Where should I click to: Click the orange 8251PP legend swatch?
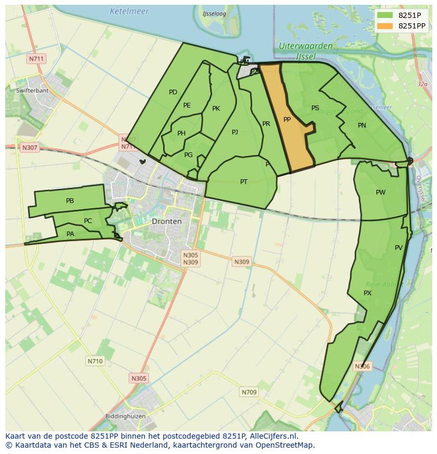[x=385, y=25]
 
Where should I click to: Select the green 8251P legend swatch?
[x=385, y=15]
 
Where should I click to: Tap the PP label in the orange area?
[x=287, y=120]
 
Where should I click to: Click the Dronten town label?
[x=166, y=221]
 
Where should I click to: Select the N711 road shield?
[x=36, y=59]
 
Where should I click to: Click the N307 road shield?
[x=30, y=148]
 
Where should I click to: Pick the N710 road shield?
[x=95, y=361]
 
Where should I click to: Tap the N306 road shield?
[x=362, y=366]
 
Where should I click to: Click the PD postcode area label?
[x=173, y=92]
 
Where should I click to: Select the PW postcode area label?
[x=381, y=192]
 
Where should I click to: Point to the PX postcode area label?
[x=368, y=293]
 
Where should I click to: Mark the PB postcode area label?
[x=70, y=201]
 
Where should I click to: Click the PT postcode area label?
[x=244, y=182]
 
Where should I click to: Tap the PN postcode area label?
[x=362, y=125]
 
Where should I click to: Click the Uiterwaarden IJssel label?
[x=306, y=51]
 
